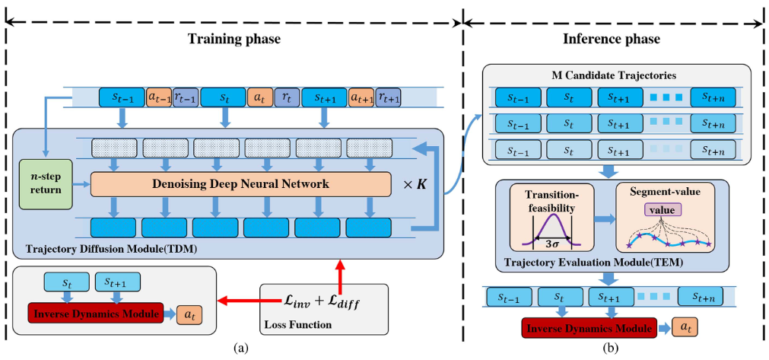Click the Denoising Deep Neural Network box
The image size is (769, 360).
pos(240,183)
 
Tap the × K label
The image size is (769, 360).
pos(413,183)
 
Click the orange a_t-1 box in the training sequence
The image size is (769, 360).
pos(159,97)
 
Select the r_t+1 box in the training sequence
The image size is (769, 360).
pos(388,97)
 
